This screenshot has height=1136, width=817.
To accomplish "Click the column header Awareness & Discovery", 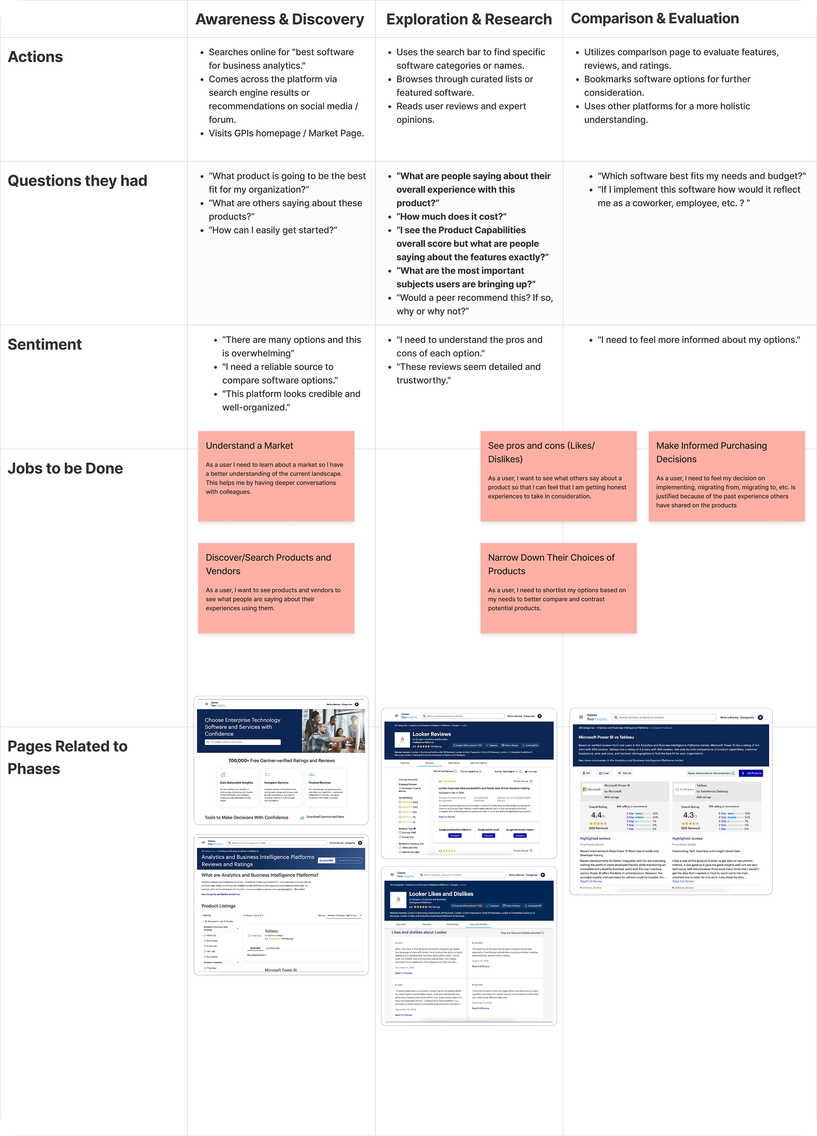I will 280,19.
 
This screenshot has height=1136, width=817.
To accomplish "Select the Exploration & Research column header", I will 468,19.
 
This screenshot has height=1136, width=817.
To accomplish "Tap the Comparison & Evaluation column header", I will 655,19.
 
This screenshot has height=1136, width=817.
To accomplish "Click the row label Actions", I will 35,57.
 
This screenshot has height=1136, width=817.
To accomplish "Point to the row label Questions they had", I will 77,181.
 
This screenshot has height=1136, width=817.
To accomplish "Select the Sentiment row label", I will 44,345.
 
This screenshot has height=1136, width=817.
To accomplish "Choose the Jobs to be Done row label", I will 65,469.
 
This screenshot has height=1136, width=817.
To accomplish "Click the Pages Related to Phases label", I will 67,757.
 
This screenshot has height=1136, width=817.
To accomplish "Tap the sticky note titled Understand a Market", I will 276,476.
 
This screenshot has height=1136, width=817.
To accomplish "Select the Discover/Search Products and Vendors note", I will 276,588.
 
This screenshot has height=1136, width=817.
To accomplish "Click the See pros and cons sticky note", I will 558,476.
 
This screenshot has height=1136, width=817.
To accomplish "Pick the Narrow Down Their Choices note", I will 558,588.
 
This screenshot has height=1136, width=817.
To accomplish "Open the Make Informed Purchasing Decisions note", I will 727,476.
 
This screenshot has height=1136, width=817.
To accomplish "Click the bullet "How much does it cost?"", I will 451,217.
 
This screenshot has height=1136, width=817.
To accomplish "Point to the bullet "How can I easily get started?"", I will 273,230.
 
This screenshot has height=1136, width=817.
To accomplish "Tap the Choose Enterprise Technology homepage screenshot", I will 281,760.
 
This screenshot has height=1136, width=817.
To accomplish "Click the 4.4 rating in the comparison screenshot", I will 596,815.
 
